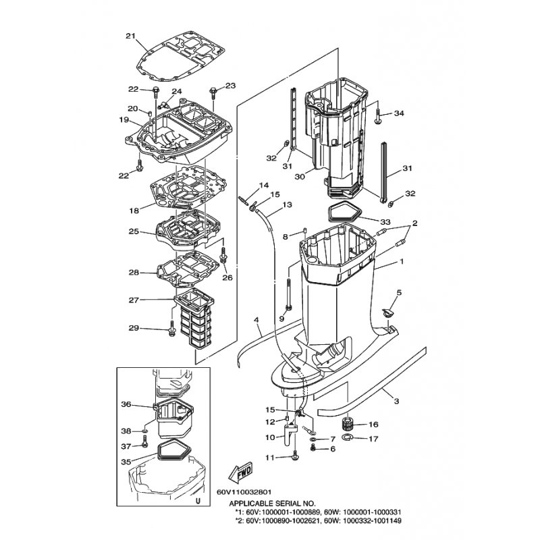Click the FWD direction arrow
point(240,471)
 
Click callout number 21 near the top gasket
point(130,36)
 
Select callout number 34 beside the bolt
point(399,113)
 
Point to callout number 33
point(385,221)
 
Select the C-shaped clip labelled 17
point(348,437)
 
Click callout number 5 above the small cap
point(399,293)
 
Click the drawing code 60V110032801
point(244,493)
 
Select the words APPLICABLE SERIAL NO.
point(272,503)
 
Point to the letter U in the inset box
point(198,501)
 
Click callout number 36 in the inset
point(126,404)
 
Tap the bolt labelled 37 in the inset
point(144,441)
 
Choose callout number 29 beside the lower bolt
point(134,328)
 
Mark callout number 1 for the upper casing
point(401,261)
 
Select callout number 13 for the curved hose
point(287,205)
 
